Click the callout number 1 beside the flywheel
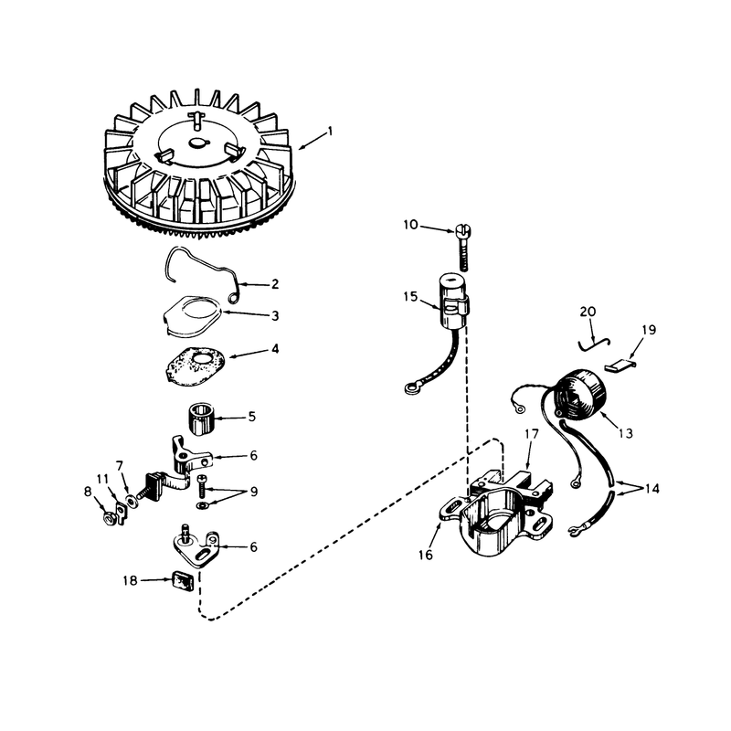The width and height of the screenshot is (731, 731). [x=331, y=132]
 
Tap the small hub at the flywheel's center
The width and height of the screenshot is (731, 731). [x=198, y=143]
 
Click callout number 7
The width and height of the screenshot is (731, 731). [x=120, y=466]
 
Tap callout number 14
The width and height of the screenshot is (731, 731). [x=652, y=489]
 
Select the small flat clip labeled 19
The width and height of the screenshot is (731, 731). [x=620, y=365]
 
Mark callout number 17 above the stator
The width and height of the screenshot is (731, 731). [x=531, y=434]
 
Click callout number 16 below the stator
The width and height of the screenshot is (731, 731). [x=426, y=555]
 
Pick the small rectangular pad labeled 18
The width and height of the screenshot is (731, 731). [x=181, y=581]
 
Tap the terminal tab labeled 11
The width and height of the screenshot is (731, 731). [x=121, y=513]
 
